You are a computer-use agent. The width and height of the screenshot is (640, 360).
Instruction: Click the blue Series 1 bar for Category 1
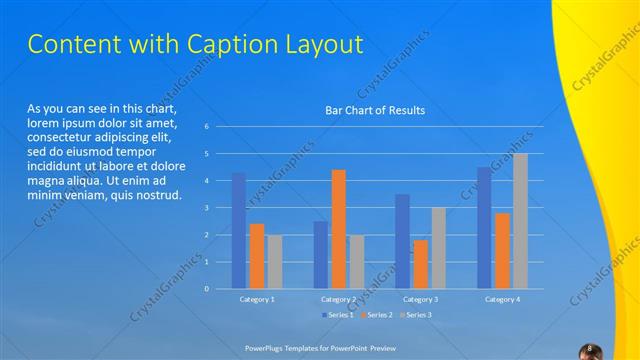(238, 231)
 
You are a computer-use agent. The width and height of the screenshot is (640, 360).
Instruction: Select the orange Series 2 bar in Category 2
(339, 229)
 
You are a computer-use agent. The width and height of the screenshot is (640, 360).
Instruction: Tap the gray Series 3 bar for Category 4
(520, 221)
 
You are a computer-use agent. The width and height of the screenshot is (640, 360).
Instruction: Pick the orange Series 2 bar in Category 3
(421, 264)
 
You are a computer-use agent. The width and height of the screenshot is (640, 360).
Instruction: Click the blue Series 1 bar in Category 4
(484, 228)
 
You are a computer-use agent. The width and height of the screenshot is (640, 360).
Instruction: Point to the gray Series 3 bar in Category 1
(274, 262)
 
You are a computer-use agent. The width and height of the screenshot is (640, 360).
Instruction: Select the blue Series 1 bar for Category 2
(321, 255)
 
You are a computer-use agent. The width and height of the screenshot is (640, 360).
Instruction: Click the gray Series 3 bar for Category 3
(438, 248)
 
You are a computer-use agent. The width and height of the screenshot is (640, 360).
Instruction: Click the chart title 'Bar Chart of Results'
(375, 110)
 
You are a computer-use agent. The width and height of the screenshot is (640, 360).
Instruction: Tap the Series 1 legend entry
(338, 315)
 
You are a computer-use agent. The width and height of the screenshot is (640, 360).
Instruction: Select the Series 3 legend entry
(415, 315)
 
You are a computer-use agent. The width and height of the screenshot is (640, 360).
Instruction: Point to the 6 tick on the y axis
(206, 127)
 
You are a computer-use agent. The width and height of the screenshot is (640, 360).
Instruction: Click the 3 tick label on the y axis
(206, 208)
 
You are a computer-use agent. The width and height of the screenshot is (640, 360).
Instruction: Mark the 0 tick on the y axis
(206, 289)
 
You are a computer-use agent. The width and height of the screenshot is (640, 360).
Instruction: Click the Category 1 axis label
(257, 299)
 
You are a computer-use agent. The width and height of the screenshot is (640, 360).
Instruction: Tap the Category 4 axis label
(502, 299)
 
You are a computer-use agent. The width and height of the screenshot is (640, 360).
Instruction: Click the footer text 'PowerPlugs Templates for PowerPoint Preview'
(320, 349)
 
